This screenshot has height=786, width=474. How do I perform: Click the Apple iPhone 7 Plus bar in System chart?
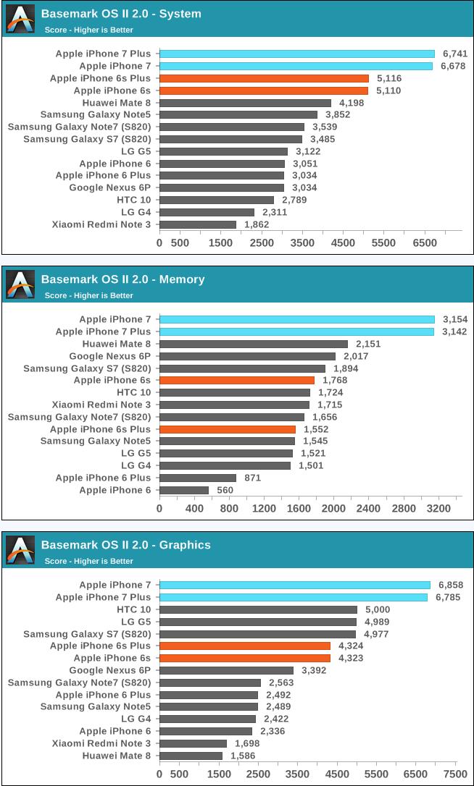click(296, 54)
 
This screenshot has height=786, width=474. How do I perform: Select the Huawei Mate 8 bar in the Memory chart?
click(253, 344)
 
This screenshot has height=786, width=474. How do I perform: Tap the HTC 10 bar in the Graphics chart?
click(258, 609)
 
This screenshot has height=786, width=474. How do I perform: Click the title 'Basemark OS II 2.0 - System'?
click(121, 14)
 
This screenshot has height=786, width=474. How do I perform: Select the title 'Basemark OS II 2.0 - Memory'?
click(122, 279)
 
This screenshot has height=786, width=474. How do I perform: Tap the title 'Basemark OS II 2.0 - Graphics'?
click(125, 545)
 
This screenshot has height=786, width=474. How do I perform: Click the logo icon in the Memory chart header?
click(20, 284)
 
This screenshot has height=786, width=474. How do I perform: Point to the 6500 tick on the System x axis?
click(424, 242)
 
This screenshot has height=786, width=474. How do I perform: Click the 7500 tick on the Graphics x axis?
click(455, 774)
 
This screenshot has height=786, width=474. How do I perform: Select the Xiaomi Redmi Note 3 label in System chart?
click(101, 224)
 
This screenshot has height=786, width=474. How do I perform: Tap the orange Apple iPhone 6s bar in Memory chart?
click(236, 380)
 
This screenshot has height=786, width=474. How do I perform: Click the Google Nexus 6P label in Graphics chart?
click(110, 670)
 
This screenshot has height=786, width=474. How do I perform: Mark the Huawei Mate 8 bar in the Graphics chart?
click(191, 756)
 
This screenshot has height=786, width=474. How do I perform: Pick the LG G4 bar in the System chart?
click(207, 212)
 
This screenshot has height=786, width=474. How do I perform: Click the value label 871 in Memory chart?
click(253, 478)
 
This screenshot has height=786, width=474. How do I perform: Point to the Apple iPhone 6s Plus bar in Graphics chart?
click(244, 646)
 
